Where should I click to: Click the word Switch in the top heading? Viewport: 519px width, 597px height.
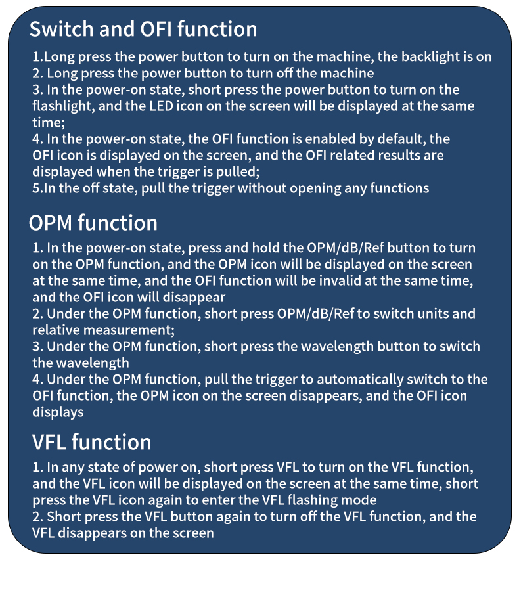pos(62,29)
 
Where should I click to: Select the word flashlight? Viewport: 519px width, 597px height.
pos(63,106)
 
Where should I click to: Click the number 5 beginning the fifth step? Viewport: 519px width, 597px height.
pos(35,188)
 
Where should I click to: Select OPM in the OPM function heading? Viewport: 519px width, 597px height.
pos(51,223)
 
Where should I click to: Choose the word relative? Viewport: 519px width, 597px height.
pos(56,330)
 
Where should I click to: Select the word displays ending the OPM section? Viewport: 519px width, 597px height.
pos(58,412)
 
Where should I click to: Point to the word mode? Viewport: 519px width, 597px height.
pos(361,500)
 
